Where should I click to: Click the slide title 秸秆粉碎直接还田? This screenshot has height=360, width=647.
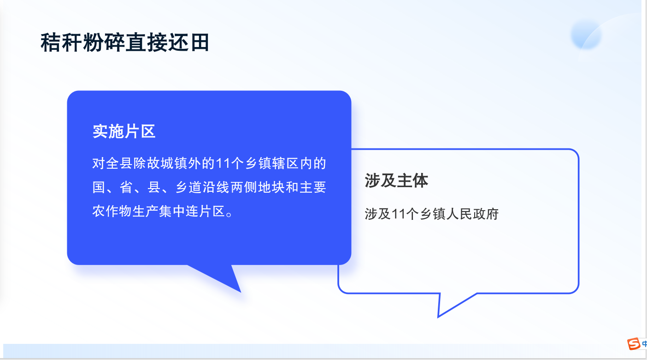tap(125, 42)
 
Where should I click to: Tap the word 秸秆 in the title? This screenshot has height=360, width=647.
tap(61, 42)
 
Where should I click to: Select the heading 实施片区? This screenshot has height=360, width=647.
tap(124, 131)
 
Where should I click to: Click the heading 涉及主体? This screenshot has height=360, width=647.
tap(396, 181)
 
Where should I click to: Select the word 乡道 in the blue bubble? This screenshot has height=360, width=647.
tap(188, 187)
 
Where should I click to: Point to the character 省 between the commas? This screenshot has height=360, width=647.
tap(126, 187)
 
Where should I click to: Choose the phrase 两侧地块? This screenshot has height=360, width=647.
tap(258, 187)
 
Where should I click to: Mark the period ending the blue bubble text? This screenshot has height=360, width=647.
tap(229, 214)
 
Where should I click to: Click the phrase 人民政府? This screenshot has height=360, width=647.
tap(472, 214)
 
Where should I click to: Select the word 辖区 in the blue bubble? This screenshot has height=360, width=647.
tap(285, 163)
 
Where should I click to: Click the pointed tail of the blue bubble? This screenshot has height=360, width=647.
tap(240, 292)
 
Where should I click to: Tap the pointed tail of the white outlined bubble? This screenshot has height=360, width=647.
tap(438, 317)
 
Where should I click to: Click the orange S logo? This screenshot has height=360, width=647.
tap(634, 344)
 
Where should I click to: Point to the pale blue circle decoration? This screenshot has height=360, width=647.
tap(586, 35)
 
